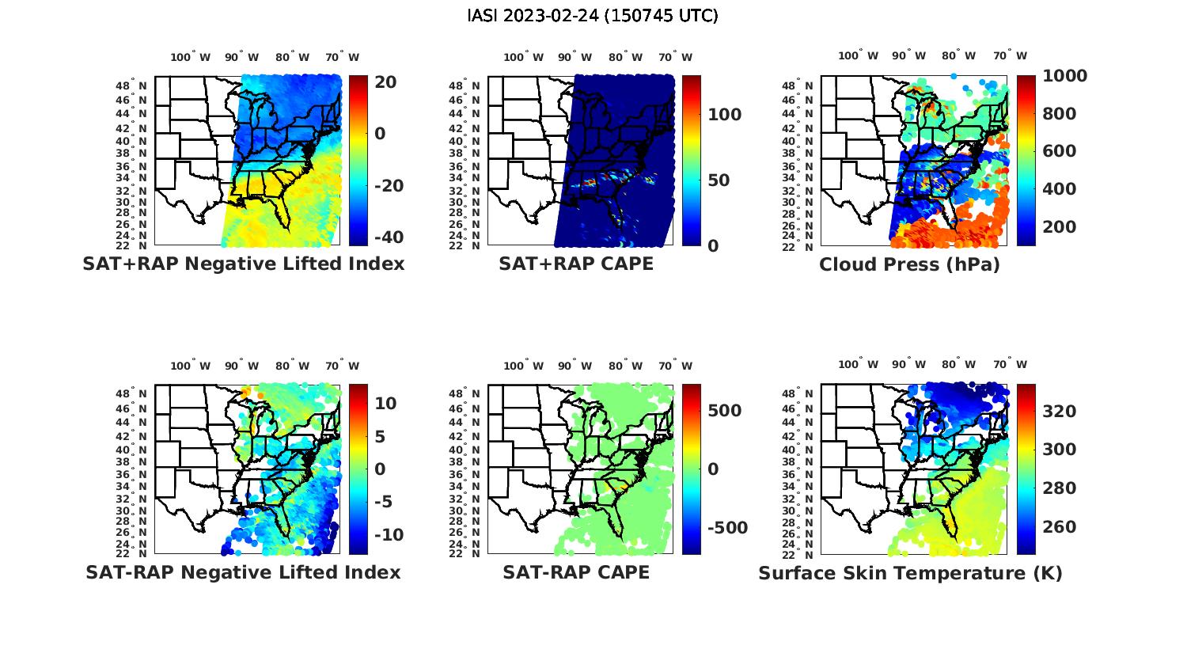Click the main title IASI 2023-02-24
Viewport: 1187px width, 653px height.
pyautogui.click(x=593, y=16)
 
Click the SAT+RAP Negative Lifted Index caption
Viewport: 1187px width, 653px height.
pyautogui.click(x=243, y=264)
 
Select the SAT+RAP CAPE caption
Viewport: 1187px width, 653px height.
pyautogui.click(x=576, y=264)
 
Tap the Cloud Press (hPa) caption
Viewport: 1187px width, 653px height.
pyautogui.click(x=909, y=264)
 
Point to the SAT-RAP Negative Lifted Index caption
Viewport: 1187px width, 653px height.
pyautogui.click(x=243, y=571)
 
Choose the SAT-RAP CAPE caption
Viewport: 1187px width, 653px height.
pyautogui.click(x=576, y=571)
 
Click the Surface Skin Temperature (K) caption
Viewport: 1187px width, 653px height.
pyautogui.click(x=910, y=572)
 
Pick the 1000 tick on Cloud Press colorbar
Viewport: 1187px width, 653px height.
pyautogui.click(x=1065, y=76)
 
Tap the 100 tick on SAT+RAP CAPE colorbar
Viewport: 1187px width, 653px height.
pyautogui.click(x=724, y=115)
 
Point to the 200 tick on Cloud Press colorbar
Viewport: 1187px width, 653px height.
pyautogui.click(x=1060, y=227)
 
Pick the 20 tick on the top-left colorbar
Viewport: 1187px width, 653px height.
pyautogui.click(x=386, y=82)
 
